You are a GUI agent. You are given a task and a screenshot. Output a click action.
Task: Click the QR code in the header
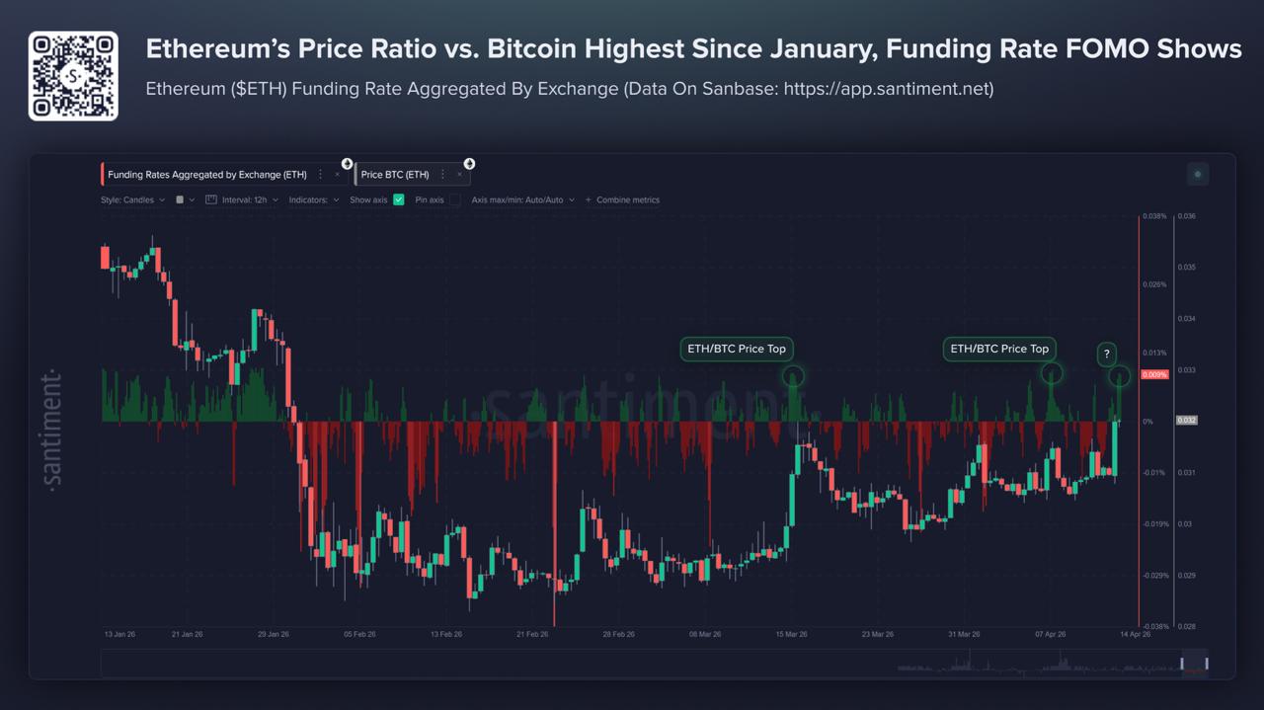pos(73,75)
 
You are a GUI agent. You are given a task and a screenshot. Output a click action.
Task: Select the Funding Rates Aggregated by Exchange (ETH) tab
pos(207,175)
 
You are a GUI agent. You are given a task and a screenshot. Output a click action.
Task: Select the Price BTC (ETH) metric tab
pos(395,175)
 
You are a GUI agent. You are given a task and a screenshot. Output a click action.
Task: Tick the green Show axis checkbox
pos(399,199)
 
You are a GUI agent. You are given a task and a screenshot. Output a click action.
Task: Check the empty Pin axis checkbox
pos(455,199)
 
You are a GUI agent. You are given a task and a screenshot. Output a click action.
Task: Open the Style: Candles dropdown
pos(132,199)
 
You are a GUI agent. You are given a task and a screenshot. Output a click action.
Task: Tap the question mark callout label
pos(1107,354)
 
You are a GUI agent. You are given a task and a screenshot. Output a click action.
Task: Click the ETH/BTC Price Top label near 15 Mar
pos(737,349)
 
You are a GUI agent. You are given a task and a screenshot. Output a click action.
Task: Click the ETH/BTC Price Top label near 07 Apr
pos(999,349)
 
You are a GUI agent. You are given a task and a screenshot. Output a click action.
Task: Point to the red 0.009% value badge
pos(1155,375)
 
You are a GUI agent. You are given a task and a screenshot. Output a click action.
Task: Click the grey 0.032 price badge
pos(1186,421)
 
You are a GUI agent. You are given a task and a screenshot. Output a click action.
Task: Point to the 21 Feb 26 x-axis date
pos(532,634)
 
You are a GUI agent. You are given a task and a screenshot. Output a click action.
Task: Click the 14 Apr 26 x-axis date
pos(1134,634)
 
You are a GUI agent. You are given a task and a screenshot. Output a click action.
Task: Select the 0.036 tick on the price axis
pos(1187,216)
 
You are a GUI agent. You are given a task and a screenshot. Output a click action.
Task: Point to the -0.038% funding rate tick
pos(1155,625)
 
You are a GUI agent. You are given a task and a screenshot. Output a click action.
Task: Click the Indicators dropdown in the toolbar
pos(314,199)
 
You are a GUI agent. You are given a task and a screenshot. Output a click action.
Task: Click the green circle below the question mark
pos(1119,376)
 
